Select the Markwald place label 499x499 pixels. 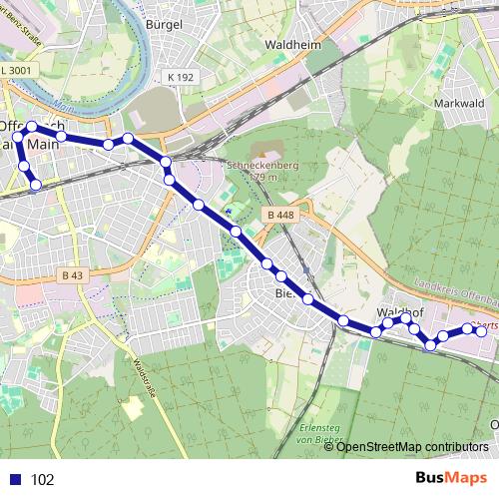point(460,102)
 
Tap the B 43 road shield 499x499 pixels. point(73,274)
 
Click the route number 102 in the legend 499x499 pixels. point(43,479)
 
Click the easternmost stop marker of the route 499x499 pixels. point(481,331)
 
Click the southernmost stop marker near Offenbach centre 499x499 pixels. point(37,185)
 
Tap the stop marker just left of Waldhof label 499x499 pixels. point(376,331)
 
